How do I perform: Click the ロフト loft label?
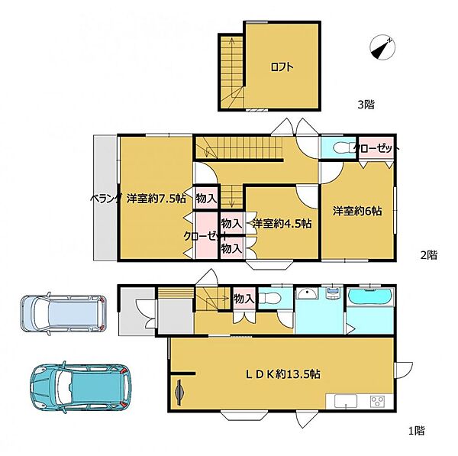pyautogui.click(x=282, y=67)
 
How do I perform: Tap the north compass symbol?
pyautogui.click(x=382, y=48)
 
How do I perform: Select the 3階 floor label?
pyautogui.click(x=366, y=105)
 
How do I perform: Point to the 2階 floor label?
pyautogui.click(x=429, y=255)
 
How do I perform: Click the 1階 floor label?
pyautogui.click(x=416, y=431)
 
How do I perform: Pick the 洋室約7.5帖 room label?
pyautogui.click(x=156, y=199)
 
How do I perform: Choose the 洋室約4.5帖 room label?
pyautogui.click(x=282, y=224)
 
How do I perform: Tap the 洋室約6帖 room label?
pyautogui.click(x=357, y=211)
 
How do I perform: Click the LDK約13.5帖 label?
pyautogui.click(x=282, y=374)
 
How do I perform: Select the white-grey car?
pyautogui.click(x=63, y=313)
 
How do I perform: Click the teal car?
pyautogui.click(x=81, y=386)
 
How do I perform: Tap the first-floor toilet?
pyautogui.click(x=270, y=298)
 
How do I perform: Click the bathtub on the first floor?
pyautogui.click(x=371, y=296)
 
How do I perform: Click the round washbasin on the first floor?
pyautogui.click(x=307, y=293)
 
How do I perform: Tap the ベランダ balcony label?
pyautogui.click(x=105, y=199)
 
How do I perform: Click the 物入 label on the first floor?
pyautogui.click(x=244, y=299)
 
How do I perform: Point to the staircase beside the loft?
pyautogui.click(x=232, y=72)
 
